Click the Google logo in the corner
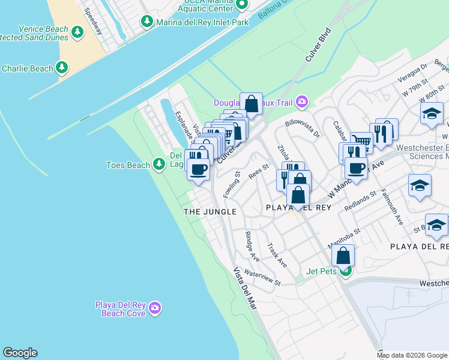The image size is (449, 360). (20, 353)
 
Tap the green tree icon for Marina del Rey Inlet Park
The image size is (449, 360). (146, 22)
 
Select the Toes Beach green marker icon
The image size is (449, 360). (158, 164)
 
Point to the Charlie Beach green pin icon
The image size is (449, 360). (62, 68)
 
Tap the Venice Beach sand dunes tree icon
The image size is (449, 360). (77, 32)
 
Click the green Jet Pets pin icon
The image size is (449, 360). (345, 272)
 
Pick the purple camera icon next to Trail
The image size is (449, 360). (301, 102)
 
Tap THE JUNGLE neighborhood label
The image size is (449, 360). (209, 212)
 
